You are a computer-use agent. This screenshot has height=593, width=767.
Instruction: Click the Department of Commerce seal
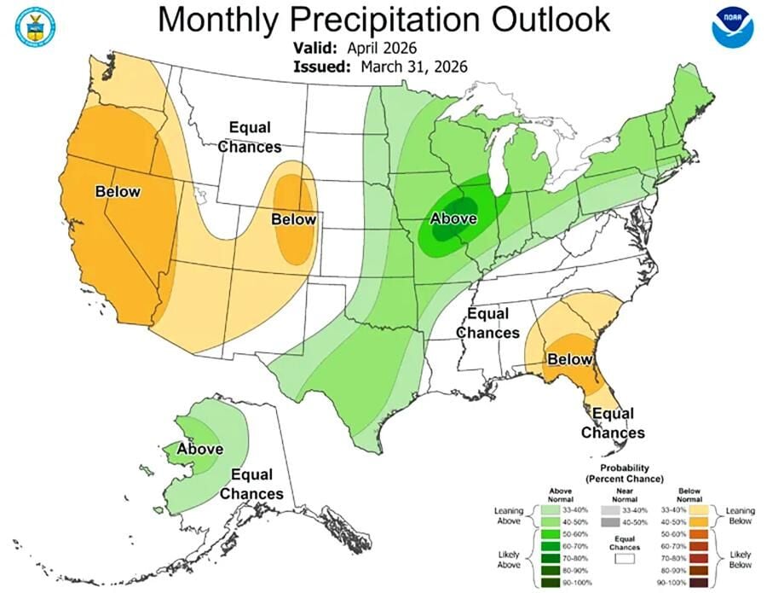click(x=33, y=26)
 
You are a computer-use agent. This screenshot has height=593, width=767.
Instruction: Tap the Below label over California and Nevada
click(x=118, y=192)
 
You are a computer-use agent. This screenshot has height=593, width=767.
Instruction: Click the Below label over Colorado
click(x=293, y=219)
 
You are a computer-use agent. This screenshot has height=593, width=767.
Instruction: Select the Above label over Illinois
click(x=453, y=218)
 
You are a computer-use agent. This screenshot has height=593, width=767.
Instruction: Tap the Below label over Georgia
click(x=568, y=359)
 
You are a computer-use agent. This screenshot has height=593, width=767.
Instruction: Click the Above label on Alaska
click(x=199, y=449)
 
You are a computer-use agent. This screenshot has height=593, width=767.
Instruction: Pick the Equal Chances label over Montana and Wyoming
click(x=249, y=137)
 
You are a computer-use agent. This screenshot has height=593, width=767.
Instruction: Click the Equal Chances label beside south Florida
click(x=613, y=423)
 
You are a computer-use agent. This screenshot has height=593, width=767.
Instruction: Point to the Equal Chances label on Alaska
click(x=251, y=484)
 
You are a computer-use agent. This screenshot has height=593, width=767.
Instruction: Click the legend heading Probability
click(x=626, y=468)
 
